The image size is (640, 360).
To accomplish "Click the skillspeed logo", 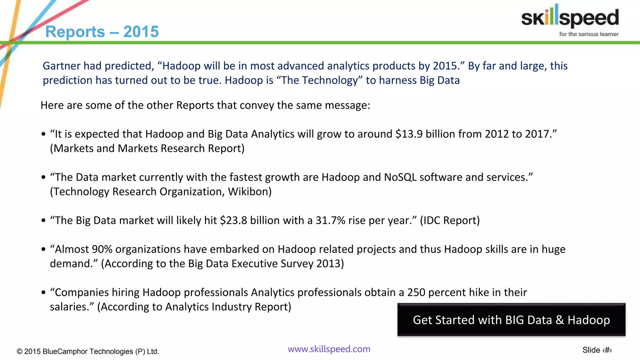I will (x=570, y=17).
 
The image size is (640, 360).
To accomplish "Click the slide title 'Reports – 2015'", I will (x=102, y=32).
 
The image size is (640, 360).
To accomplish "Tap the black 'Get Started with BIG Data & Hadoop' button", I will (x=511, y=320).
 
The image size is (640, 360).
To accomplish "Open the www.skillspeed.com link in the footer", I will (x=329, y=349).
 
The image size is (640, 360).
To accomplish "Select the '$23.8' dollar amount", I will (x=233, y=220).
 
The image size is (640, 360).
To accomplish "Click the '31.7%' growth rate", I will (x=330, y=220).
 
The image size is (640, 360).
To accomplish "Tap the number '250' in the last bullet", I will (x=416, y=292).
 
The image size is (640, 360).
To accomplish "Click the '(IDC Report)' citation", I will (x=449, y=220).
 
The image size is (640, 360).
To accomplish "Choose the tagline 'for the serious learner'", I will (x=588, y=34).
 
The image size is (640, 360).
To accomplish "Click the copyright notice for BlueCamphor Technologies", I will (x=88, y=351).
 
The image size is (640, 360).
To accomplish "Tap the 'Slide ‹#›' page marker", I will (x=597, y=350).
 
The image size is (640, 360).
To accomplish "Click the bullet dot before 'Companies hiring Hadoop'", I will (x=43, y=293).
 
